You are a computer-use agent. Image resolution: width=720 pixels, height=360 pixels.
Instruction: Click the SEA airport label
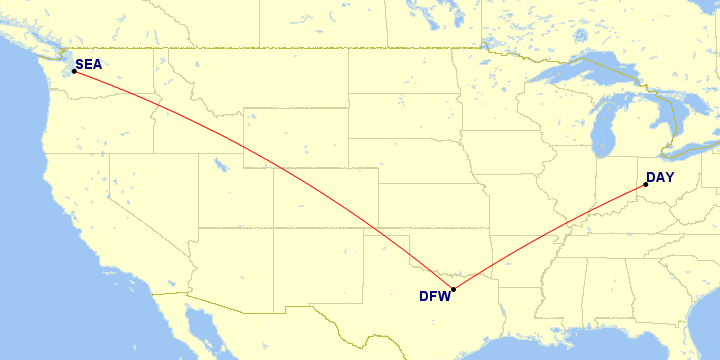click(89, 65)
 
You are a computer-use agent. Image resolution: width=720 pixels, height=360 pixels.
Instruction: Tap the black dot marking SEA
click(74, 71)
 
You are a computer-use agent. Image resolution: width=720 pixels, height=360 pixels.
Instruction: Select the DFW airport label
click(435, 296)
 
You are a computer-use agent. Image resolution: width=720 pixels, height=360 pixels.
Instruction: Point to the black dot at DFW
click(453, 290)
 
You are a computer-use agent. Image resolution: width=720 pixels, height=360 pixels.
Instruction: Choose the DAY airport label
click(660, 178)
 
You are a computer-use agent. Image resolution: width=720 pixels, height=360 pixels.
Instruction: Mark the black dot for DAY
click(646, 184)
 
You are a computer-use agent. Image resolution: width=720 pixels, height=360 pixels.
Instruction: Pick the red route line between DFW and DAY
click(550, 235)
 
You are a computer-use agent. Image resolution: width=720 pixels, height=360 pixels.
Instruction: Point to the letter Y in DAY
click(669, 178)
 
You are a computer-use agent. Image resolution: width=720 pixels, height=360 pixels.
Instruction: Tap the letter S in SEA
click(80, 65)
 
